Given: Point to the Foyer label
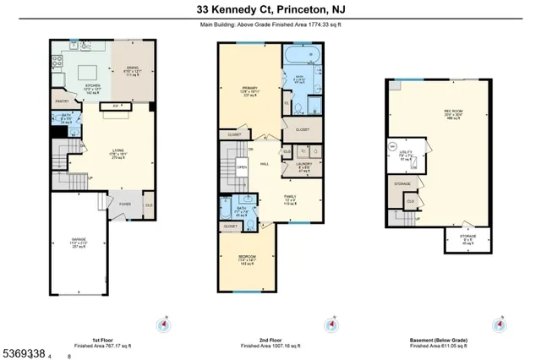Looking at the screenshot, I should click(x=124, y=204).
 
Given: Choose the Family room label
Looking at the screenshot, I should click(x=289, y=197).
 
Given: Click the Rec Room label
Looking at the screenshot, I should click(x=454, y=112).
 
